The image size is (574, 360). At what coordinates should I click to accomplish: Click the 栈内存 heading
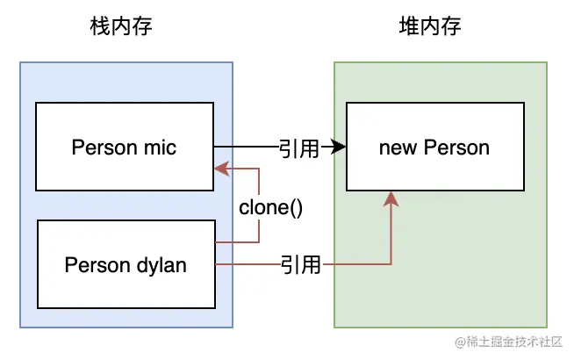pyautogui.click(x=122, y=27)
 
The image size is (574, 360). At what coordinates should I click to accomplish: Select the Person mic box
pyautogui.click(x=124, y=146)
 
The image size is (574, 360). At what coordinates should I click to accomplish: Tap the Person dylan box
pyautogui.click(x=126, y=263)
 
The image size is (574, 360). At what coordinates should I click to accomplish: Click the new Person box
pyautogui.click(x=434, y=146)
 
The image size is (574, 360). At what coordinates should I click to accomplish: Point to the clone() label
pyautogui.click(x=270, y=210)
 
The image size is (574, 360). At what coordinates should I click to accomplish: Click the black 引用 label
pyautogui.click(x=298, y=148)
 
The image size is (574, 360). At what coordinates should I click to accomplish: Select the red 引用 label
pyautogui.click(x=301, y=263)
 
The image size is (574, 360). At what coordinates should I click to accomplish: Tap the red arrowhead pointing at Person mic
pyautogui.click(x=220, y=168)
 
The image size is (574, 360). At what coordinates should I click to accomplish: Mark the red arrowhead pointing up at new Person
pyautogui.click(x=391, y=199)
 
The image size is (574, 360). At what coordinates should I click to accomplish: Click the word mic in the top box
pyautogui.click(x=161, y=147)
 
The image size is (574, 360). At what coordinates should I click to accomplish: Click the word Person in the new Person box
pyautogui.click(x=456, y=147)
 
